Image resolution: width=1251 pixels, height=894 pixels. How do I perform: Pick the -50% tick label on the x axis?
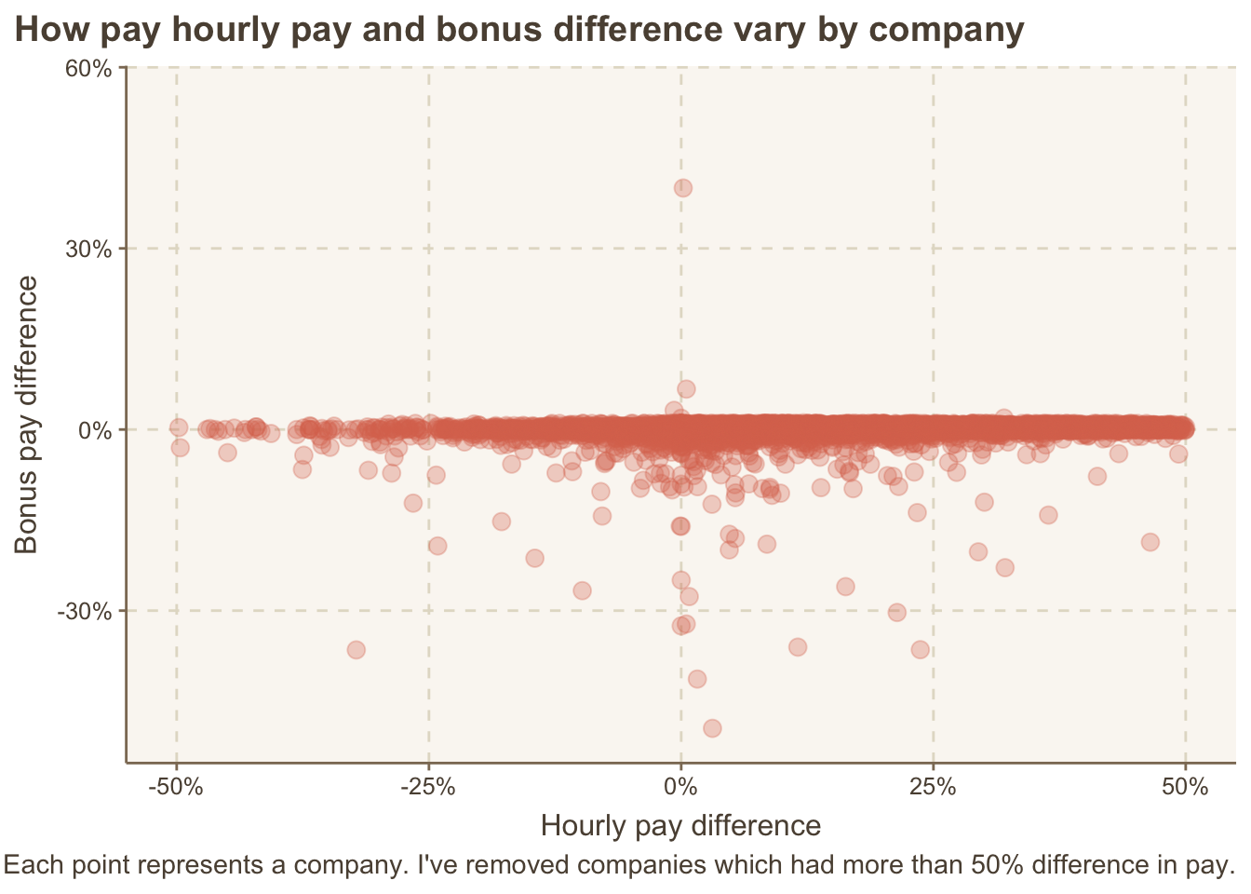tap(176, 787)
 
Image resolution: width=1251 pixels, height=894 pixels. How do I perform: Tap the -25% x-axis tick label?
tap(428, 787)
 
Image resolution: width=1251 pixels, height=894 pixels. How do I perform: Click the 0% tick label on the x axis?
tap(681, 787)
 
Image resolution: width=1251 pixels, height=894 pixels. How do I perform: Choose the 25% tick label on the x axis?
tap(934, 787)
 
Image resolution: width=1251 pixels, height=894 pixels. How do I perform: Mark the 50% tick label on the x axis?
tap(1186, 787)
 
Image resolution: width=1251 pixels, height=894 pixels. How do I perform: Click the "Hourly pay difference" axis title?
tap(680, 826)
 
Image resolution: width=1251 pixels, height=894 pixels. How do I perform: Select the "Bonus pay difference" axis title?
tap(27, 414)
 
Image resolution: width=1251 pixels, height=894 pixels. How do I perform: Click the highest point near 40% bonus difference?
tap(683, 187)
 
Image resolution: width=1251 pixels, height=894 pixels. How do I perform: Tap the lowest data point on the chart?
tap(712, 727)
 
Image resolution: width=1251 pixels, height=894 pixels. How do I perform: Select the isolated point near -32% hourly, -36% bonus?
tap(356, 649)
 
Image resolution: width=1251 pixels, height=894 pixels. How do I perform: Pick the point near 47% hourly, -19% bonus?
tap(1150, 542)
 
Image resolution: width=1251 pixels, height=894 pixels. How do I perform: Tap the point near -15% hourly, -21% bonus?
tap(534, 558)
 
